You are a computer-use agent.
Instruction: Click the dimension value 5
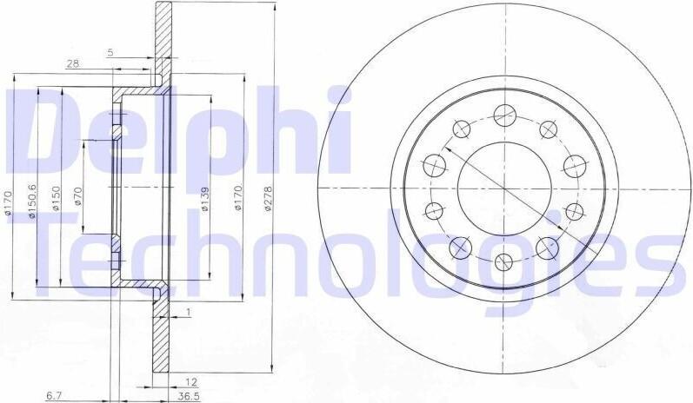click(110, 52)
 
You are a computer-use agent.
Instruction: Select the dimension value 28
click(72, 64)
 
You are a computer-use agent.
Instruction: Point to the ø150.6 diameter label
click(32, 201)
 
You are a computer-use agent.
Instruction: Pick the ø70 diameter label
click(77, 197)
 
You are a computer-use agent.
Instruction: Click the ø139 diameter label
click(204, 200)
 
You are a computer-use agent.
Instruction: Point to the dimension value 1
click(189, 312)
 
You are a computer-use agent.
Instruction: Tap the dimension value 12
click(191, 382)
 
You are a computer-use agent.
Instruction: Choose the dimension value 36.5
click(189, 397)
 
